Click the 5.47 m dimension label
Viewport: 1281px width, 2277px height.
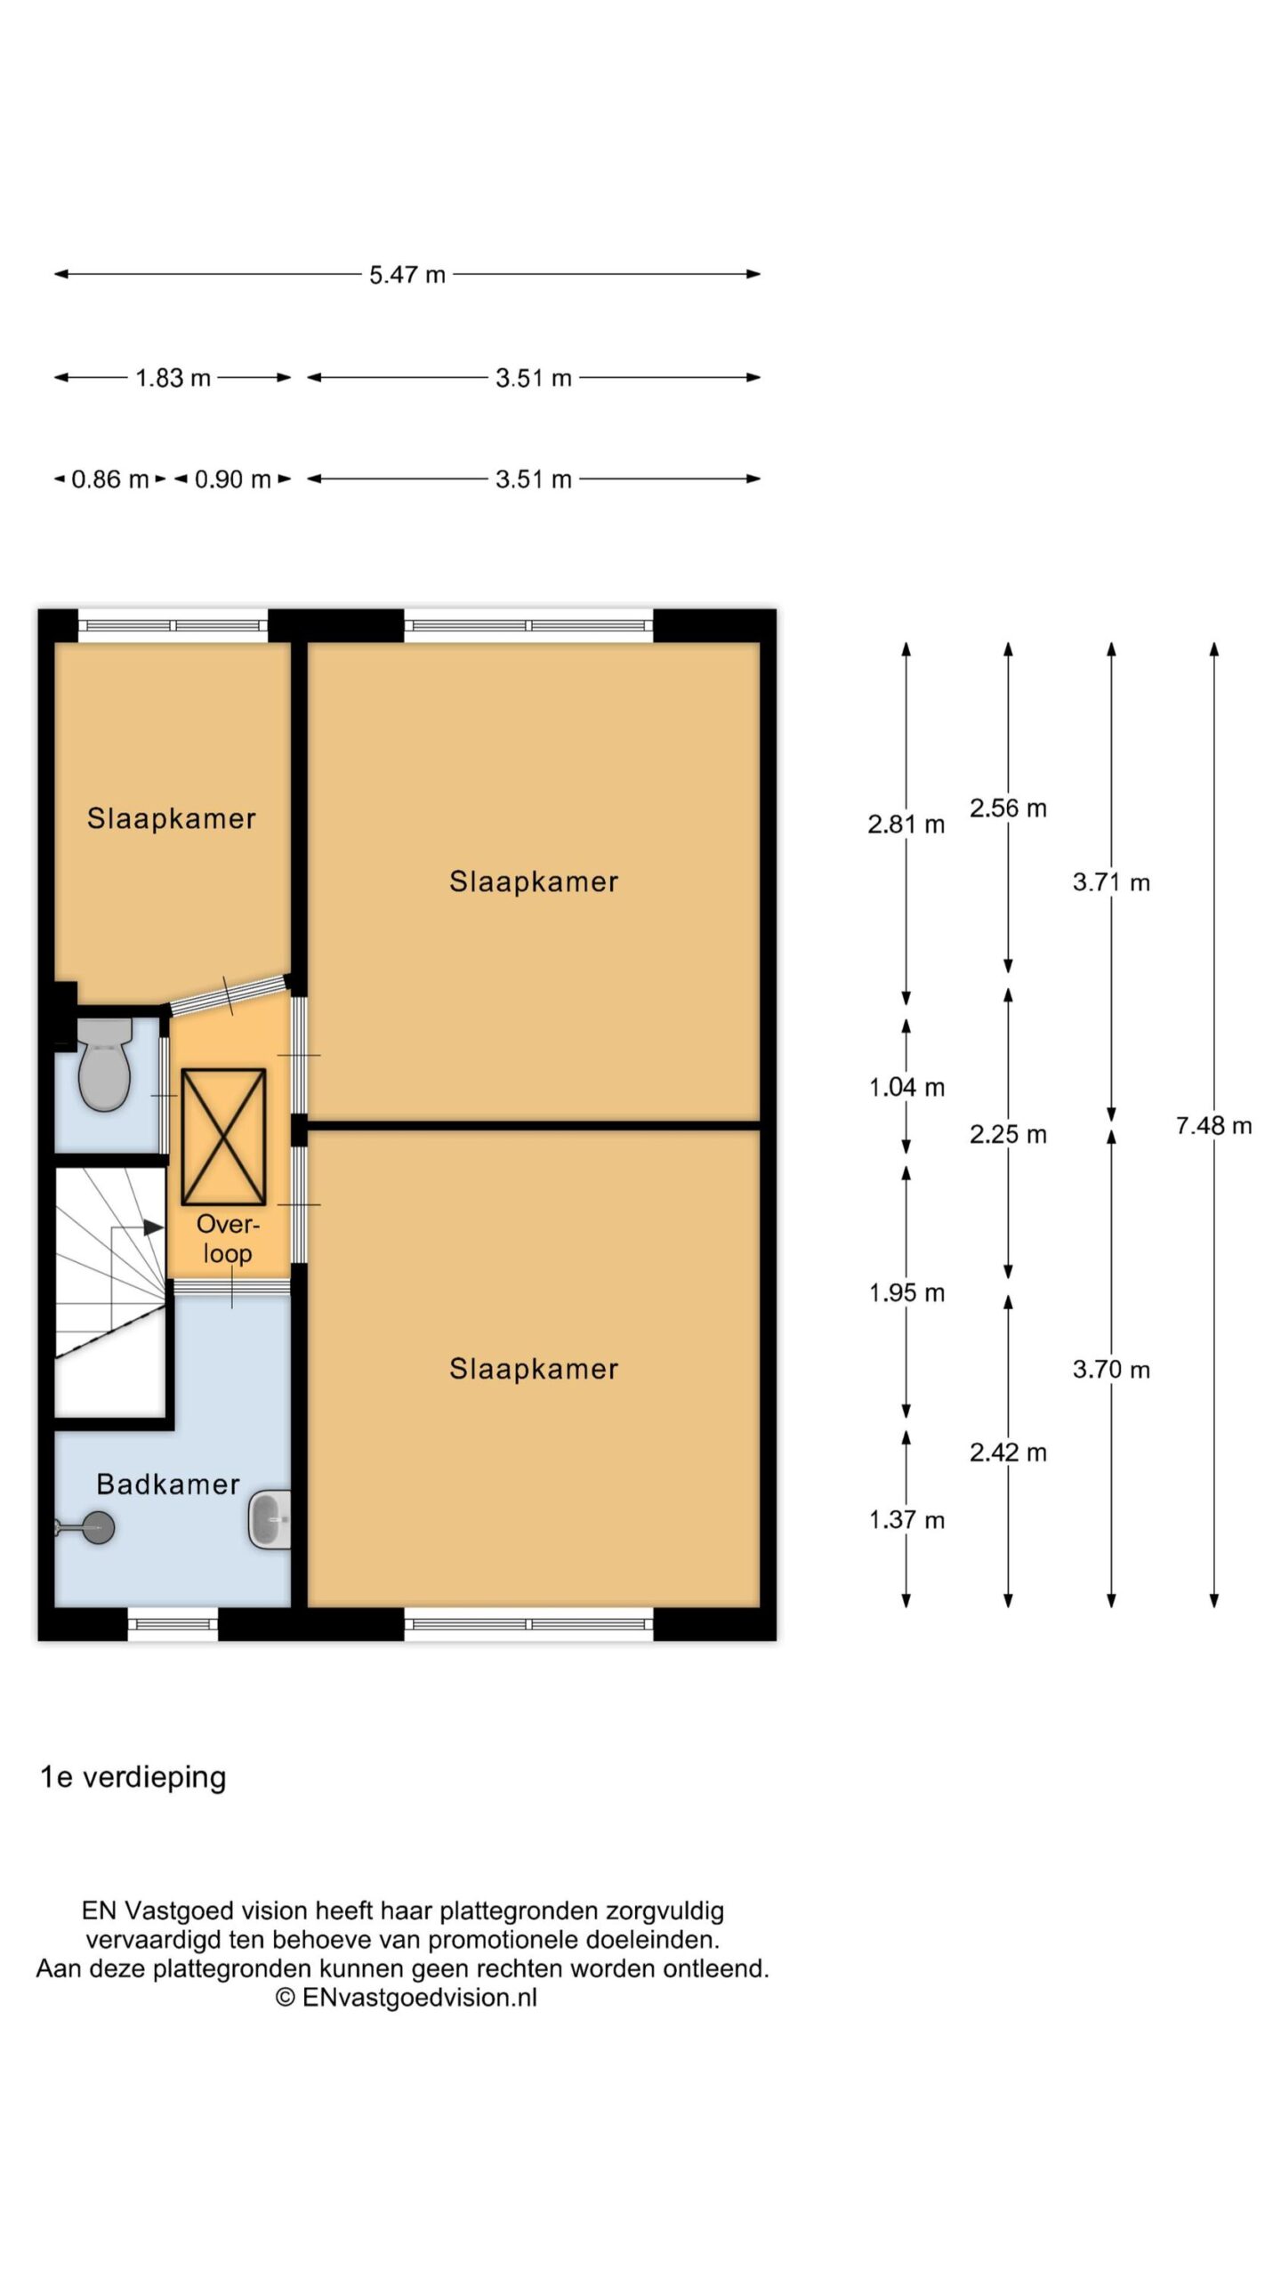pos(407,275)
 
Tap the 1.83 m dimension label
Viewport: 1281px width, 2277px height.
pos(173,378)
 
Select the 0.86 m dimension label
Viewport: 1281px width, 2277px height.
pos(109,479)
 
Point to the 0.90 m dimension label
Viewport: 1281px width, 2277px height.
pos(232,479)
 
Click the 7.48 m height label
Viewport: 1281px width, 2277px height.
pos(1213,1126)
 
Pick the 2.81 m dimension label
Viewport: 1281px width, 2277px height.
pos(906,825)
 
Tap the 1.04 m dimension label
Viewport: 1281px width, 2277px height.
pos(906,1087)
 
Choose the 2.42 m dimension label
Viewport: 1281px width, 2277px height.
pos(1008,1452)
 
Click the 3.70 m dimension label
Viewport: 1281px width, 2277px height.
pos(1111,1369)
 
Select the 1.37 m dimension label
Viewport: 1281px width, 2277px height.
pos(906,1520)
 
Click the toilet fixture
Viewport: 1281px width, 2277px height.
pos(104,1064)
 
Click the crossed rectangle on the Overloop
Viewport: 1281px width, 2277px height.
pos(223,1137)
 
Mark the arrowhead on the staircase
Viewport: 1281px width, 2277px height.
pos(154,1227)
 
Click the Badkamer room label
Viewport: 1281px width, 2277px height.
pos(168,1484)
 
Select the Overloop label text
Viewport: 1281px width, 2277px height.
pos(228,1239)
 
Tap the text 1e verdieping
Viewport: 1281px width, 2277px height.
pos(133,1777)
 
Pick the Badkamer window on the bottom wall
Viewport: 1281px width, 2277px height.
pos(173,1623)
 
